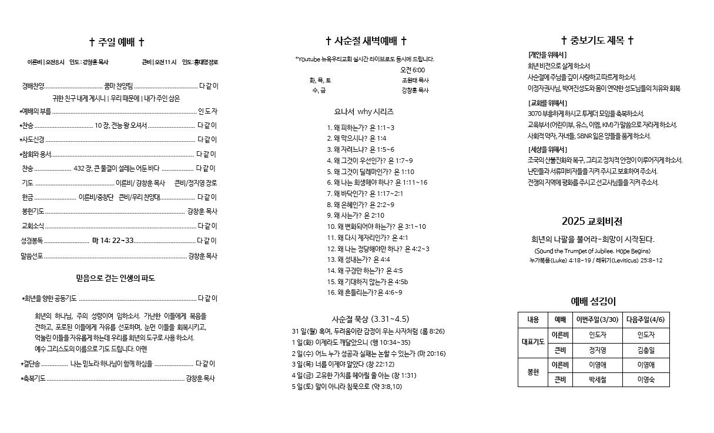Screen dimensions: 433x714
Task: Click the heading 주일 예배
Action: (x=116, y=42)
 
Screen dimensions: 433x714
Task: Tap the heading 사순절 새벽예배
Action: (x=366, y=41)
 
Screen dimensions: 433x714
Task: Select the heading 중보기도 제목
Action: (x=598, y=41)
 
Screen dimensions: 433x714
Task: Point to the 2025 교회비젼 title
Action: (x=592, y=221)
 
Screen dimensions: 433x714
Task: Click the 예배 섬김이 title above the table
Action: (x=593, y=302)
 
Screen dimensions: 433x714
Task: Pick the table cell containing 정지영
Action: (x=597, y=350)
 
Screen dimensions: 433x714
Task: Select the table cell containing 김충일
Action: (x=645, y=350)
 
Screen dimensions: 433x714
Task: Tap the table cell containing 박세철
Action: (x=597, y=380)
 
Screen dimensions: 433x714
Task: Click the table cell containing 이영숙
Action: (x=645, y=380)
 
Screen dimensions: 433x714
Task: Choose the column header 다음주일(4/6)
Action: (x=645, y=319)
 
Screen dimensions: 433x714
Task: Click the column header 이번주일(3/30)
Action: (x=597, y=319)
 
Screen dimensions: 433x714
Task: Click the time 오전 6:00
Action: (x=413, y=70)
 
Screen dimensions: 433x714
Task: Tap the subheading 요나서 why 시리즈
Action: (x=364, y=111)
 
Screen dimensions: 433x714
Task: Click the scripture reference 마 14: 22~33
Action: (x=113, y=241)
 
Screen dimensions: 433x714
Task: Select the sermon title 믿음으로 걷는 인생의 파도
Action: (x=115, y=278)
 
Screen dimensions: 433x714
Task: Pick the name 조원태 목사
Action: (x=415, y=80)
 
